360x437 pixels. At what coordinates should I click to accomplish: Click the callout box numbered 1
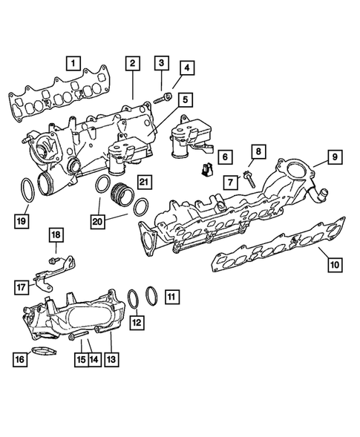pyautogui.click(x=72, y=62)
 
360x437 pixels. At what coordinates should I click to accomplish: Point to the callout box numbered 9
pyautogui.click(x=186, y=69)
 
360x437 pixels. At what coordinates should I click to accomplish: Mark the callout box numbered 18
pyautogui.click(x=56, y=235)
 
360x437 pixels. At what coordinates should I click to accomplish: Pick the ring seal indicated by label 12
pyautogui.click(x=134, y=299)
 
